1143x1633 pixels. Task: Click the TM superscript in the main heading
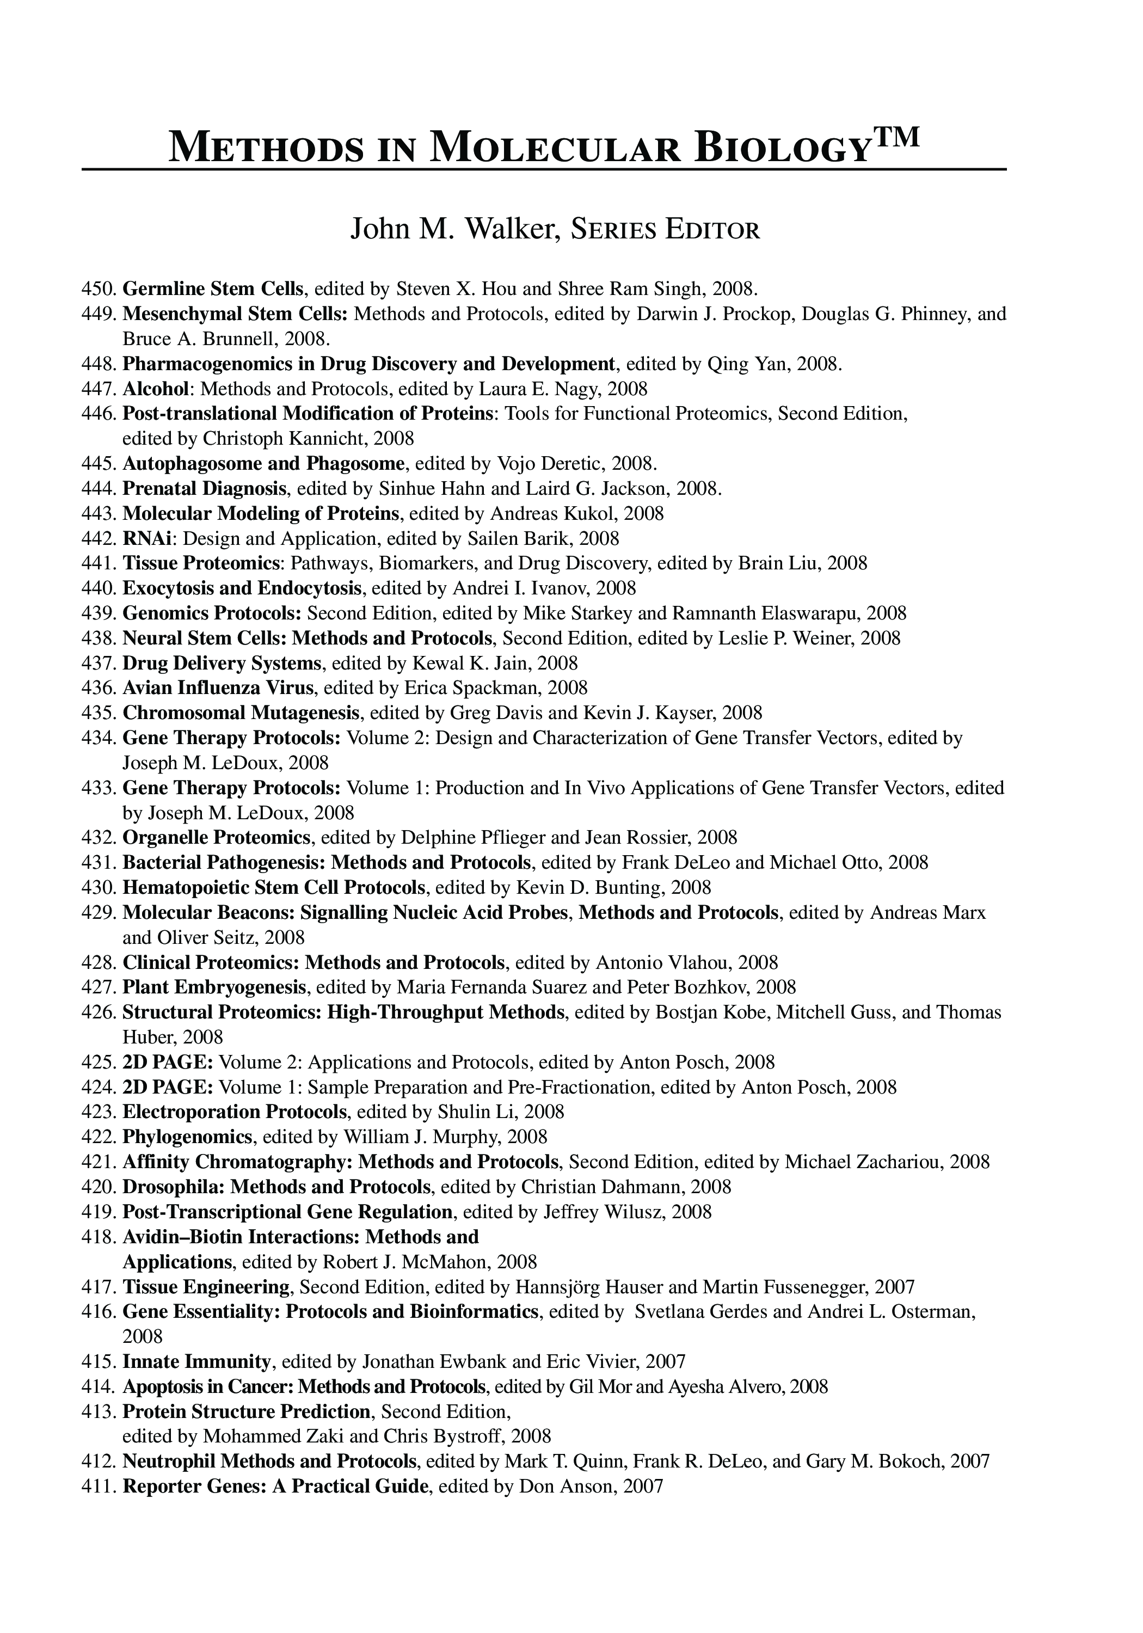click(897, 135)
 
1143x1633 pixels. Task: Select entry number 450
click(100, 288)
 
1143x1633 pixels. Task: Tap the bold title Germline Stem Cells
click(213, 288)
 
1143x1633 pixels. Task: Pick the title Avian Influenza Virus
click(218, 688)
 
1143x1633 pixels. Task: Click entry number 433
click(100, 788)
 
